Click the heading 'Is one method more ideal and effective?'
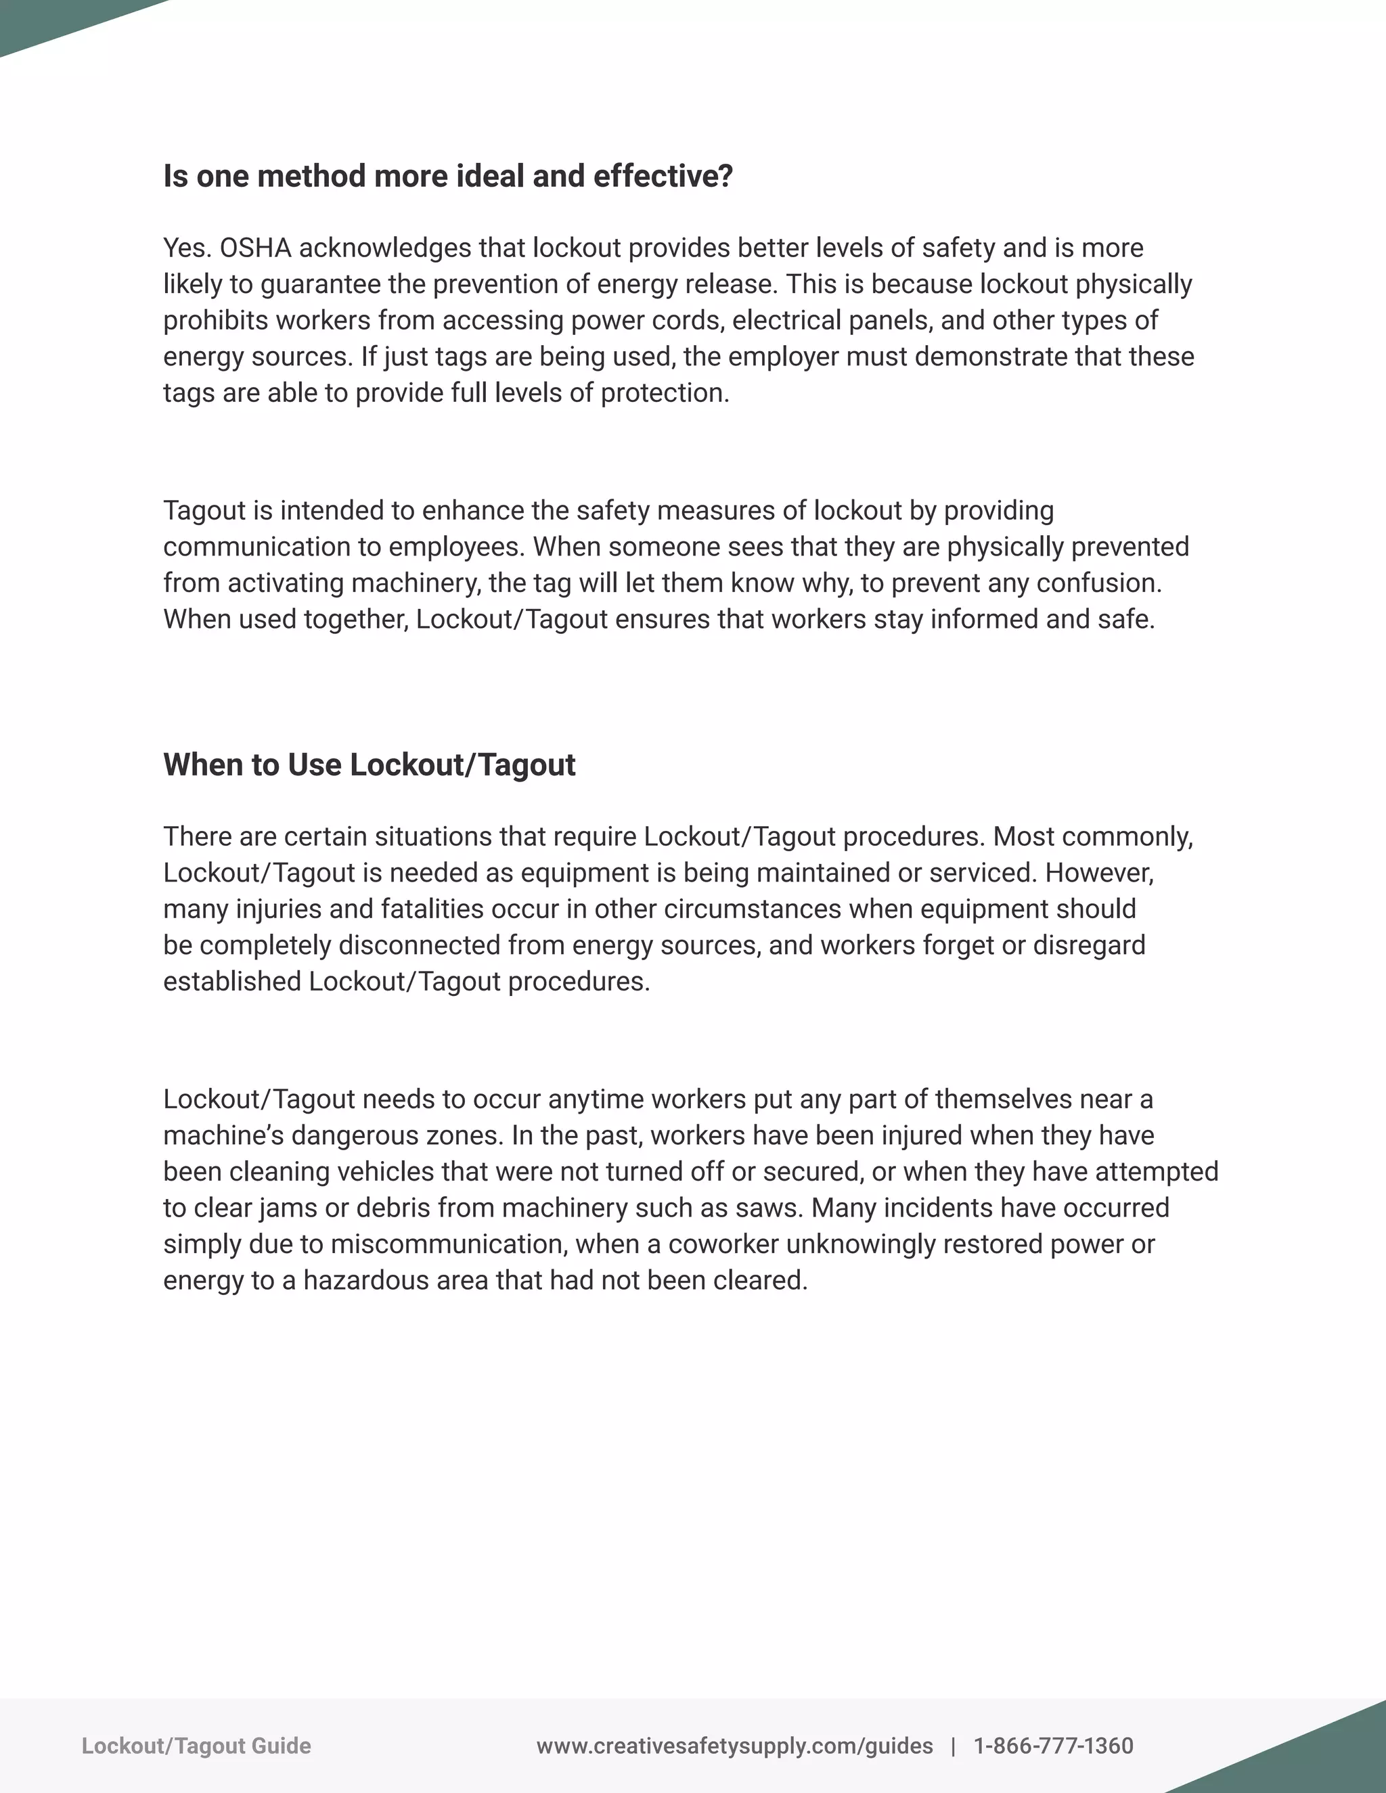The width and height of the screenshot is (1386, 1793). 447,177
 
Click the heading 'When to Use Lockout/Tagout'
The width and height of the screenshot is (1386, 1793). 369,765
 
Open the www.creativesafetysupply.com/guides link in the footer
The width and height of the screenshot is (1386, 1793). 734,1746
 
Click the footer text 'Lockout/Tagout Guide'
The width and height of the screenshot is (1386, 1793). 196,1746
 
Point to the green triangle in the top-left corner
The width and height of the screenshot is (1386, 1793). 49,20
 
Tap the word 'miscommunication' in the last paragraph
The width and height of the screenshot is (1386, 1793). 448,1244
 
